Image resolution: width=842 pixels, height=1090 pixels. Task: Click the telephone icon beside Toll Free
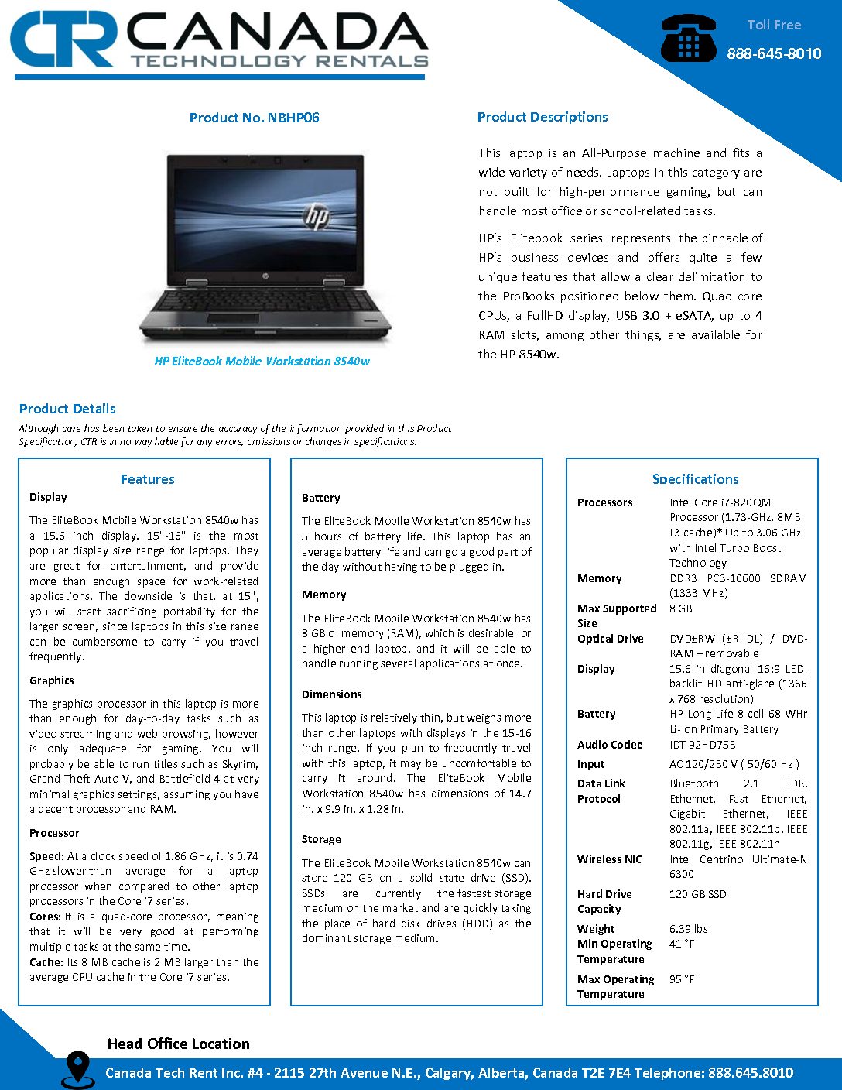pos(688,39)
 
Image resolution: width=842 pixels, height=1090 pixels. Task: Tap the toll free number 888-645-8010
pos(773,53)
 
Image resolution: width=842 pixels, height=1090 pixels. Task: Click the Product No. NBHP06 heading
pos(254,118)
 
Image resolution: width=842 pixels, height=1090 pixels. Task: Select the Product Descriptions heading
pos(543,117)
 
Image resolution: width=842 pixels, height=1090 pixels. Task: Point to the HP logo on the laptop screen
pos(316,215)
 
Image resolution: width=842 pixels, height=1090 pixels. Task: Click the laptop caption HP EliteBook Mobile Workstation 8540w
pos(262,362)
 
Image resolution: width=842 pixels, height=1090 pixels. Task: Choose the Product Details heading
pos(67,409)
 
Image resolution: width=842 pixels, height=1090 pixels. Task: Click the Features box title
pos(147,479)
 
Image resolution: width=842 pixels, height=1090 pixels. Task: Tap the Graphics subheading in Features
pos(52,680)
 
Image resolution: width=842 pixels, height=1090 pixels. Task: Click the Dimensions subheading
pos(331,694)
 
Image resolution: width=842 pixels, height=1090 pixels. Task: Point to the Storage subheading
pos(321,839)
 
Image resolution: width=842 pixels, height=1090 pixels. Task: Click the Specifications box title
pos(695,479)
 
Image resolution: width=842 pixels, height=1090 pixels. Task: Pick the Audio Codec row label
pos(609,745)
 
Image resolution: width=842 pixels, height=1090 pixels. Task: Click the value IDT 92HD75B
pos(702,745)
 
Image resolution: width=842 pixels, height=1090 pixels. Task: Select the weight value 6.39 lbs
pos(688,929)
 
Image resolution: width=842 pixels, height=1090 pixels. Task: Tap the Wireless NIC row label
pos(609,859)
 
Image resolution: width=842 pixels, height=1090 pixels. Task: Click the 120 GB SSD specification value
pos(697,894)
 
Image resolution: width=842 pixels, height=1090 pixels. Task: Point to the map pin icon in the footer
pos(77,1068)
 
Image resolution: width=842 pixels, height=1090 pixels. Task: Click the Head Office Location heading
pos(178,1044)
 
